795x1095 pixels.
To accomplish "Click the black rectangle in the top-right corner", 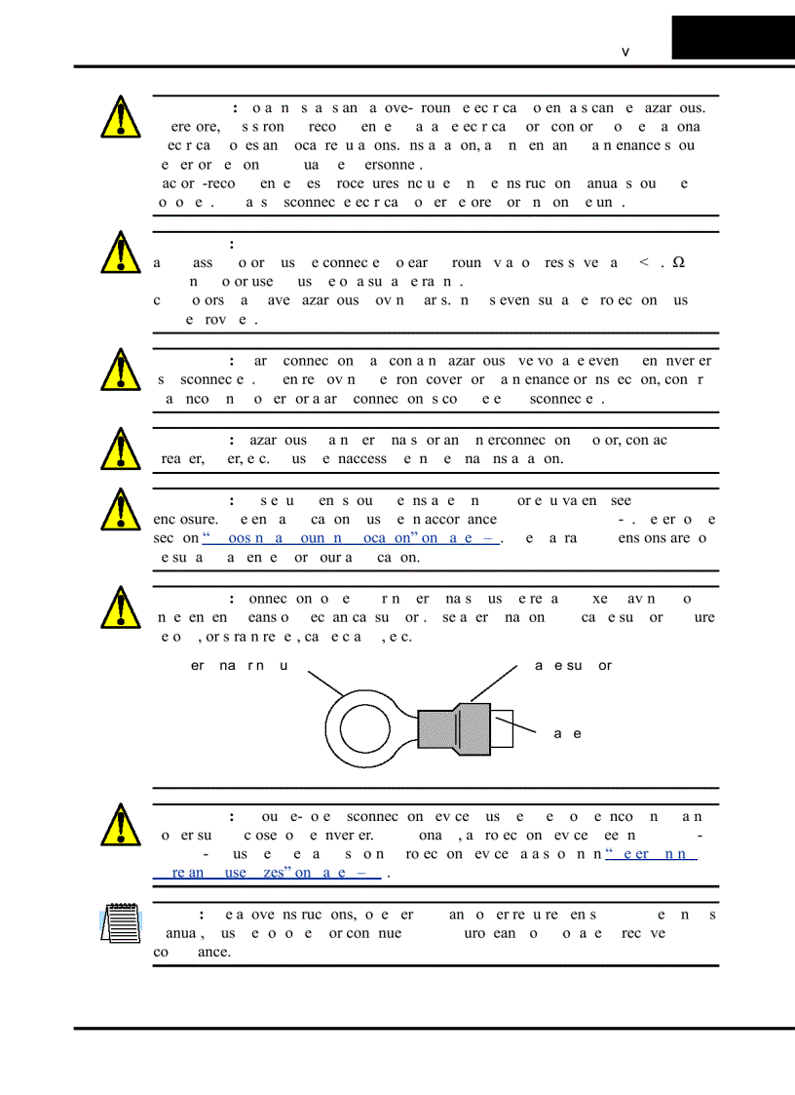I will pos(733,37).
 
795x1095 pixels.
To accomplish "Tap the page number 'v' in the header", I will pos(625,52).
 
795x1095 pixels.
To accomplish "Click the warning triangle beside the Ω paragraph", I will pos(120,253).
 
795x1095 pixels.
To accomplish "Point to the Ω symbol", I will pos(678,262).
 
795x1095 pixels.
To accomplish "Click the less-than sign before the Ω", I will pos(643,262).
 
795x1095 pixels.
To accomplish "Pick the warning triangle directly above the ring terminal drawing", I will pos(120,606).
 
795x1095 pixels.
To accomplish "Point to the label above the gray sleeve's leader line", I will pos(573,666).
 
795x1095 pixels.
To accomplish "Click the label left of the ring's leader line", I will pos(238,666).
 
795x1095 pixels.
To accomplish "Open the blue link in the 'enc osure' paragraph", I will pos(351,538).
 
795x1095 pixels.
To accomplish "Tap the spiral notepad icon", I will pos(120,922).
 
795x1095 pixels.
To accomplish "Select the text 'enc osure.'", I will pos(185,520).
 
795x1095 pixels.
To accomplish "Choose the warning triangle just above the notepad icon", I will pos(120,824).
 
